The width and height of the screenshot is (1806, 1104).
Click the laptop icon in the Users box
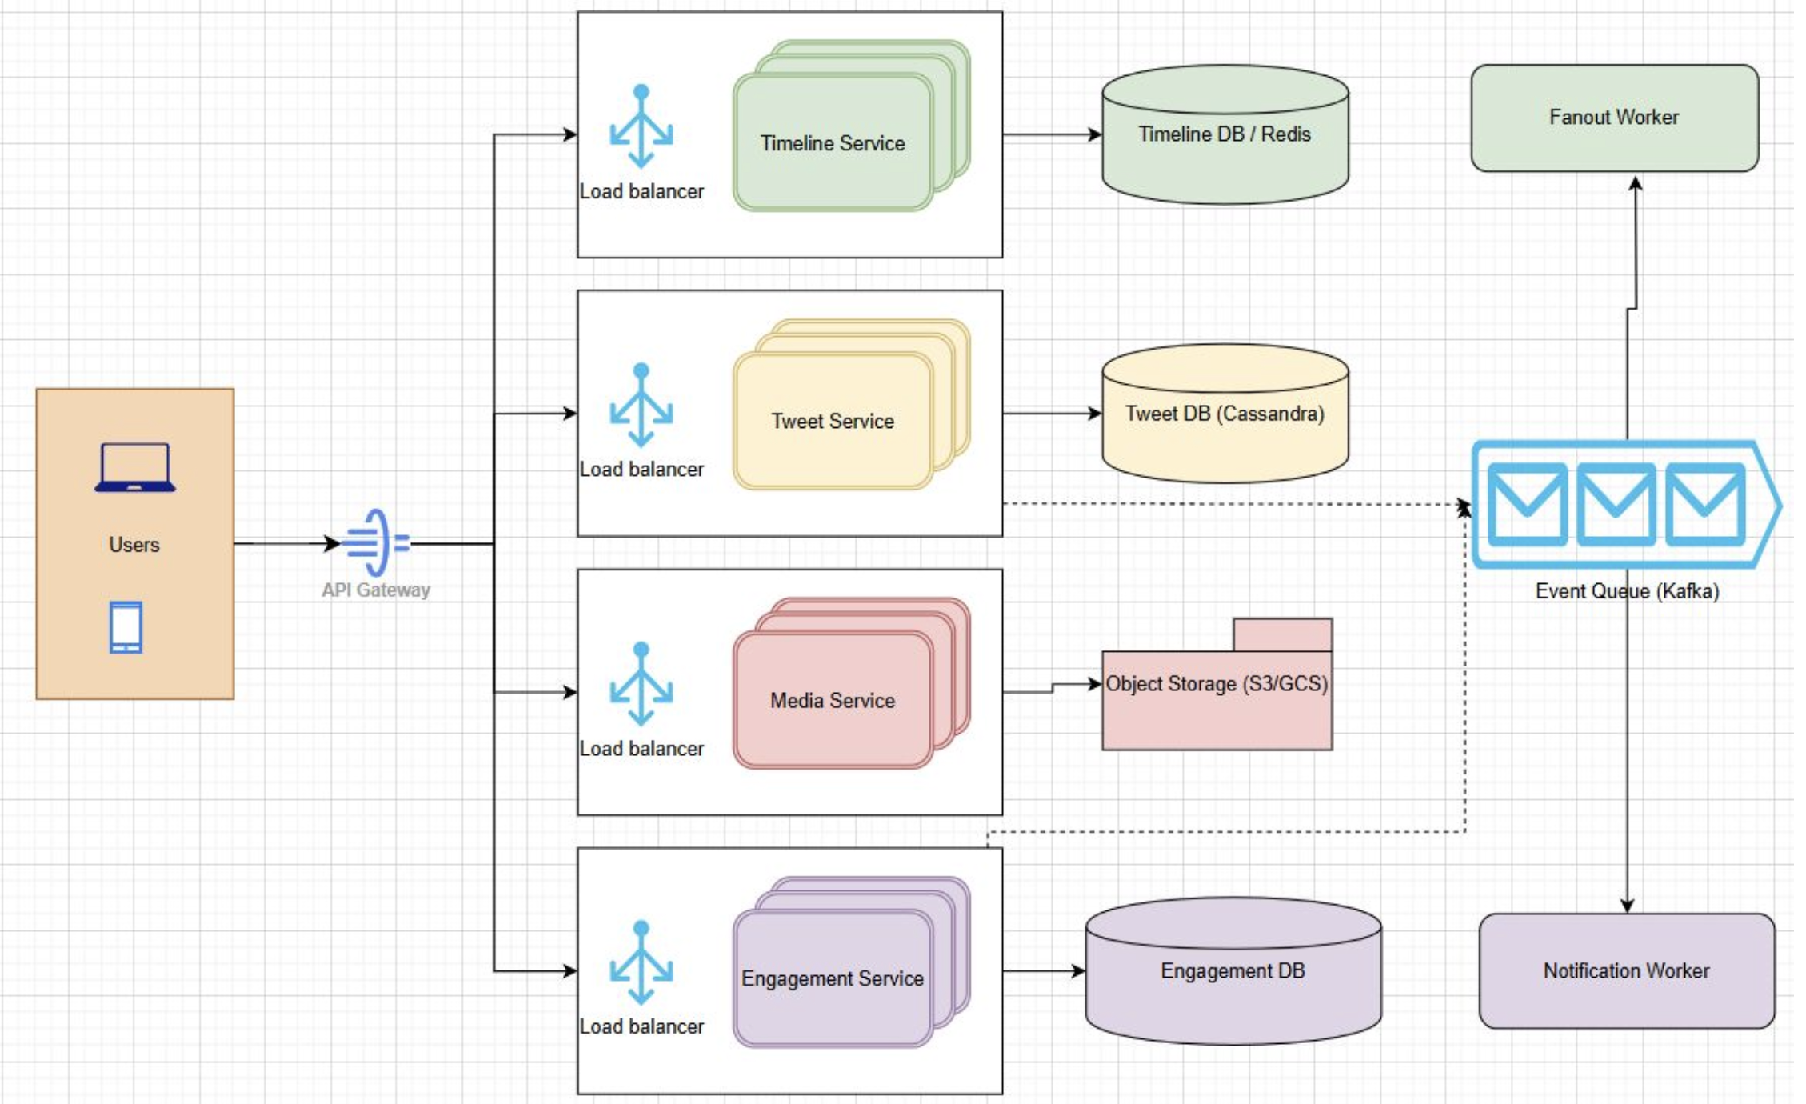click(x=134, y=467)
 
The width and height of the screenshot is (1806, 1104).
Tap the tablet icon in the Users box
click(x=126, y=627)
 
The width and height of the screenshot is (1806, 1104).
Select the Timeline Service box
click(x=833, y=143)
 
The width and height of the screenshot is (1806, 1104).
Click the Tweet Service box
click(x=833, y=421)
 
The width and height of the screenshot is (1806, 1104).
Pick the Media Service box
click(x=833, y=700)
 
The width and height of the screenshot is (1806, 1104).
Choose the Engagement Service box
click(x=833, y=978)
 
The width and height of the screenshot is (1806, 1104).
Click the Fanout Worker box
click(x=1614, y=118)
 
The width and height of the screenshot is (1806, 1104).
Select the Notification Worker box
click(x=1626, y=970)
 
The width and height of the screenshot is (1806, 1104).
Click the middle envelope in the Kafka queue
click(x=1616, y=504)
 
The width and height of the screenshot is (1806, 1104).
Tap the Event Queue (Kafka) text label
click(x=1627, y=591)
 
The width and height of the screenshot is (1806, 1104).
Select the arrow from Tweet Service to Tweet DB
click(x=1052, y=414)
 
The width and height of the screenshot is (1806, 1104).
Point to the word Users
click(x=134, y=545)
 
